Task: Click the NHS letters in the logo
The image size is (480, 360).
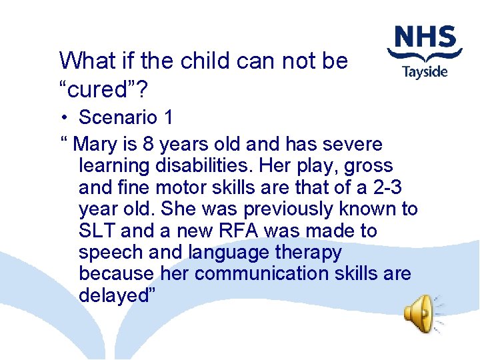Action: pyautogui.click(x=425, y=38)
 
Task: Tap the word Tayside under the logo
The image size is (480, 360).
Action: pyautogui.click(x=425, y=71)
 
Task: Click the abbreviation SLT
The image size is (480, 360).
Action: pyautogui.click(x=97, y=231)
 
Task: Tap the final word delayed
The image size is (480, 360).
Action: pyautogui.click(x=117, y=295)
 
